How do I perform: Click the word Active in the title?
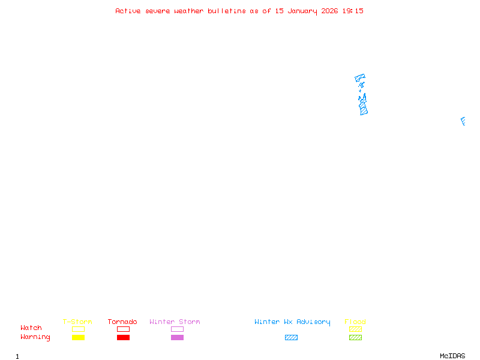(128, 11)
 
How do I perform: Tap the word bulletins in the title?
(227, 11)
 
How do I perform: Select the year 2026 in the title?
(329, 11)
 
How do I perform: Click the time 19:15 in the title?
(353, 11)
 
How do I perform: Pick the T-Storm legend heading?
(77, 322)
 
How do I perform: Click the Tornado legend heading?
(122, 322)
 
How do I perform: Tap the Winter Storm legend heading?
(175, 322)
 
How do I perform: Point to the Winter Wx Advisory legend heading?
(292, 322)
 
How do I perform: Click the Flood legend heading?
(355, 322)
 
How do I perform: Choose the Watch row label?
(31, 328)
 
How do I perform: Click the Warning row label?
(35, 337)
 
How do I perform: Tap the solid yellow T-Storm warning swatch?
(78, 337)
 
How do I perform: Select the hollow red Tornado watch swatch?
(123, 329)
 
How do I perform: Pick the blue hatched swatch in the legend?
(291, 337)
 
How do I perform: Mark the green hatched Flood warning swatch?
(355, 337)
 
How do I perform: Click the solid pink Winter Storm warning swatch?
(177, 337)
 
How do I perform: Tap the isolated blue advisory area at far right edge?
(463, 121)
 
